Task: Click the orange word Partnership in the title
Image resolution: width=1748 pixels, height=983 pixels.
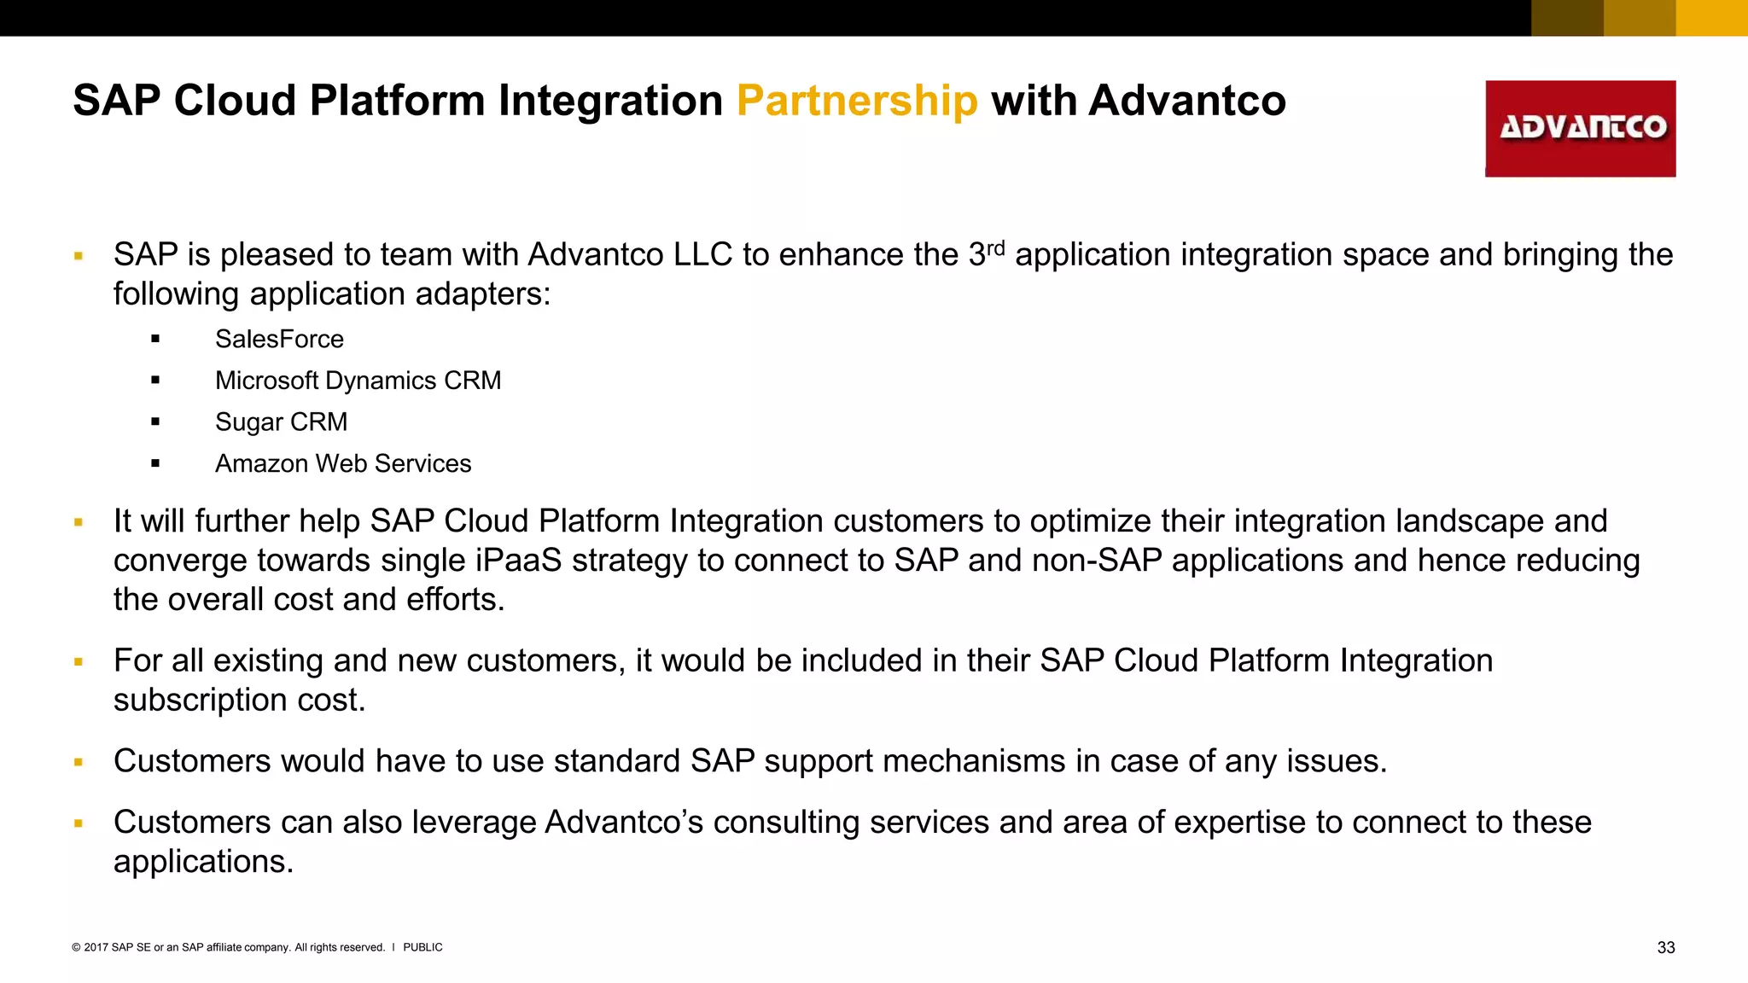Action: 857,102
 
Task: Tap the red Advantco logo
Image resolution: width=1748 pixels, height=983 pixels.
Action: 1580,129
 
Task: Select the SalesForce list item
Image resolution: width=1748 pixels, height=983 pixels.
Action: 279,340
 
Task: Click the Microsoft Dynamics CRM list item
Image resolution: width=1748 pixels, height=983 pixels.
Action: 358,381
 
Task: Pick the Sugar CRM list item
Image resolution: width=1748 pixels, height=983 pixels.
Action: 281,422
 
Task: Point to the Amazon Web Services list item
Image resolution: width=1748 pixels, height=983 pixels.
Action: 343,464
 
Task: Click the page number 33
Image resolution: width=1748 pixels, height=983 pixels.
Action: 1665,948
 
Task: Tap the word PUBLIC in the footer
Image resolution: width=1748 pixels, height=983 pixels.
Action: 422,947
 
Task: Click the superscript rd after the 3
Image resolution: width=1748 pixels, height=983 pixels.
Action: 996,248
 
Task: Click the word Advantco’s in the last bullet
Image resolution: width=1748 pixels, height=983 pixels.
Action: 624,823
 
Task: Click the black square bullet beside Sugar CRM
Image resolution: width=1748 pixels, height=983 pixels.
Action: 155,422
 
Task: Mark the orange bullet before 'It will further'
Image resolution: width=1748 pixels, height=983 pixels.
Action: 79,522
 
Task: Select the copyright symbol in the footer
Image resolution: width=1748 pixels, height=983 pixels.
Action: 76,947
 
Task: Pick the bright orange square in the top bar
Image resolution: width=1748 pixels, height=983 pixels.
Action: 1711,18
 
